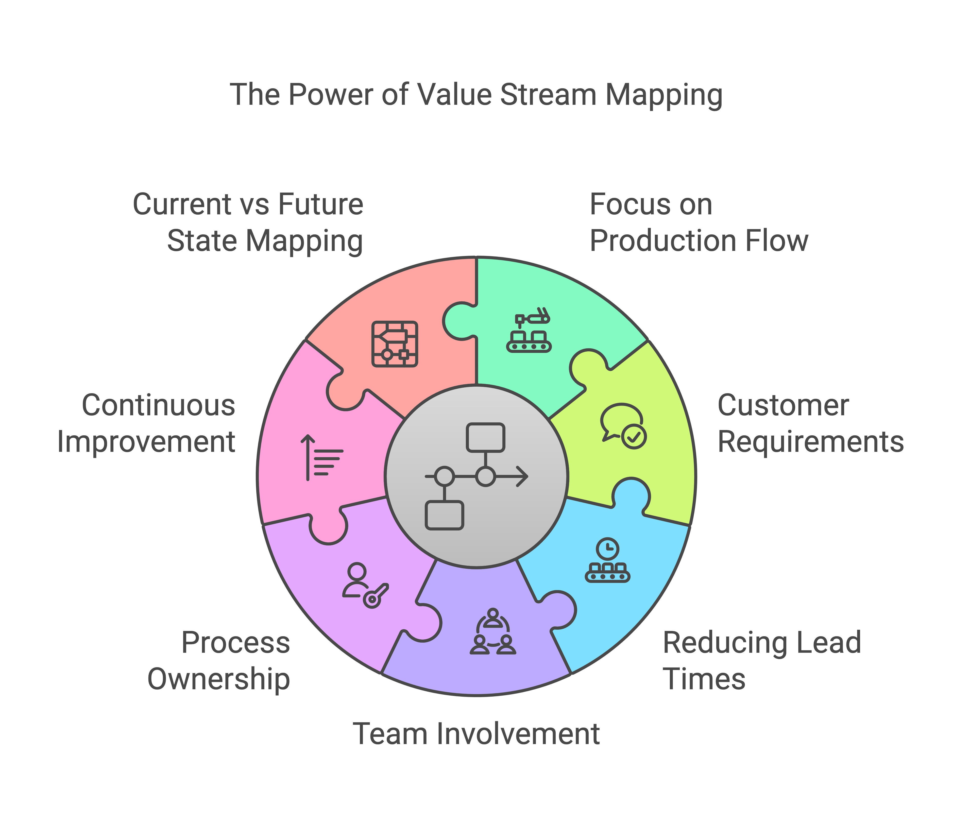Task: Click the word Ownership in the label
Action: [x=219, y=679]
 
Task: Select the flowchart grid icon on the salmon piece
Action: [x=395, y=344]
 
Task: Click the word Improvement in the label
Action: [x=146, y=442]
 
